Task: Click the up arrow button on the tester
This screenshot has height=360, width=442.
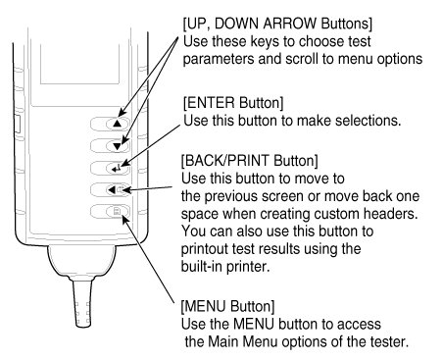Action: [110, 124]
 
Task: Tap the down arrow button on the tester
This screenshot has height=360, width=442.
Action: [110, 146]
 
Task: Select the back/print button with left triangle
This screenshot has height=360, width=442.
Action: [110, 189]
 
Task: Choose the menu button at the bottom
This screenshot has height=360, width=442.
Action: [110, 212]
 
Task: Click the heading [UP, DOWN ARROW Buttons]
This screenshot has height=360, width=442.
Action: [277, 24]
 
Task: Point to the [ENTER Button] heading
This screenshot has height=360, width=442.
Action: [233, 103]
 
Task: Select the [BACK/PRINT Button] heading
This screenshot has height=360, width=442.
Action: [249, 161]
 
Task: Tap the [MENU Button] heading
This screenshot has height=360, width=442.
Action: [227, 307]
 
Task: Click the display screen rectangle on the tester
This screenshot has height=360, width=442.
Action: [79, 64]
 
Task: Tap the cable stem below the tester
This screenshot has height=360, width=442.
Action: [82, 302]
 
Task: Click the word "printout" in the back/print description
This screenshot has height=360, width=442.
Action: [204, 249]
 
